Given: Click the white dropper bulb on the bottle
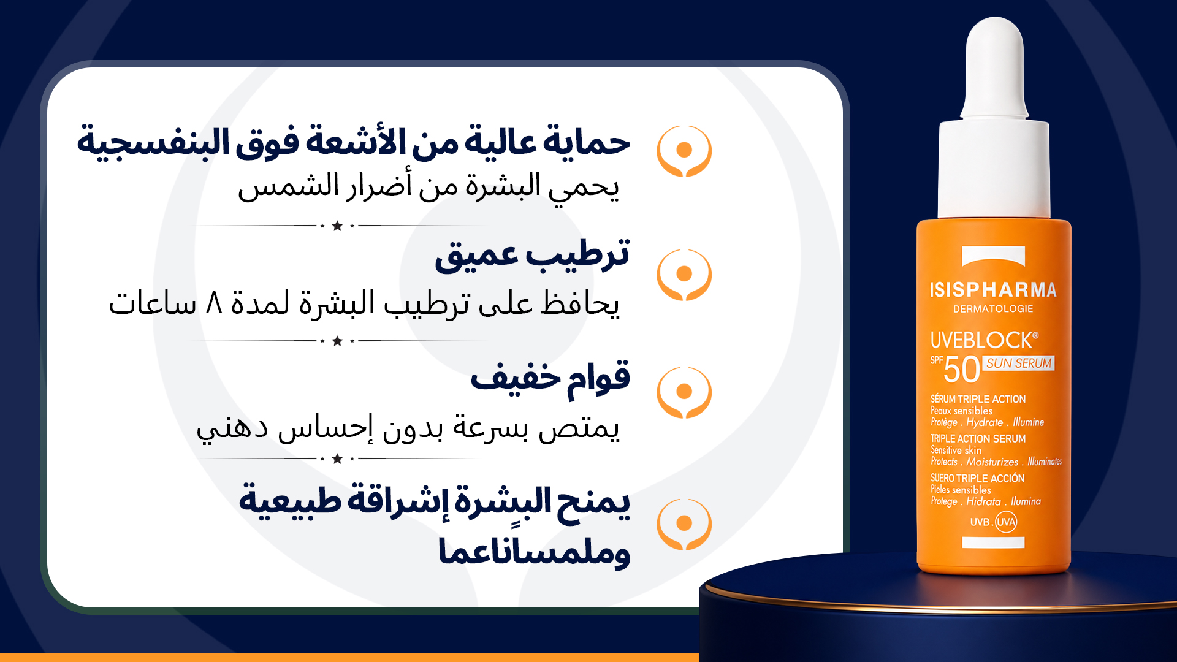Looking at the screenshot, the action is point(994,67).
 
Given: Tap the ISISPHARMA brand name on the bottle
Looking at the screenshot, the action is point(993,289).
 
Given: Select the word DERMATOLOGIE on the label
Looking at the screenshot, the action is point(993,309).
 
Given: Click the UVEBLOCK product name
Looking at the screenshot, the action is point(985,340).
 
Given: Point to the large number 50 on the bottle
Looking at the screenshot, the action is point(962,370).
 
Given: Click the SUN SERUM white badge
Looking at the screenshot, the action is point(1019,363).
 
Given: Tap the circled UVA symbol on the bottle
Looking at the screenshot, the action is point(1006,522).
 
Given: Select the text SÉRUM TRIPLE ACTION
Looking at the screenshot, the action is point(978,399).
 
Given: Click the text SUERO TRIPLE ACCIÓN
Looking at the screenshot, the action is point(977,478).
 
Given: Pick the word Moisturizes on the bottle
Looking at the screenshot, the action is point(992,462).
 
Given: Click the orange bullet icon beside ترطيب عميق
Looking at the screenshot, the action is point(684,275).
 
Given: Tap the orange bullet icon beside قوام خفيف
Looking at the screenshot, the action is point(684,392).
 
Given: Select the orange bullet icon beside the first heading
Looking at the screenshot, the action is point(684,151).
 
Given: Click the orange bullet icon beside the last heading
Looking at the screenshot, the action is point(684,524).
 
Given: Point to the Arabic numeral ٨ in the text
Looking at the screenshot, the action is point(213,303).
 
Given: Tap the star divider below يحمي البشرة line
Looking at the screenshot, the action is point(337,226).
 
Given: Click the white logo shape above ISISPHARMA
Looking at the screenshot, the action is point(993,256).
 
